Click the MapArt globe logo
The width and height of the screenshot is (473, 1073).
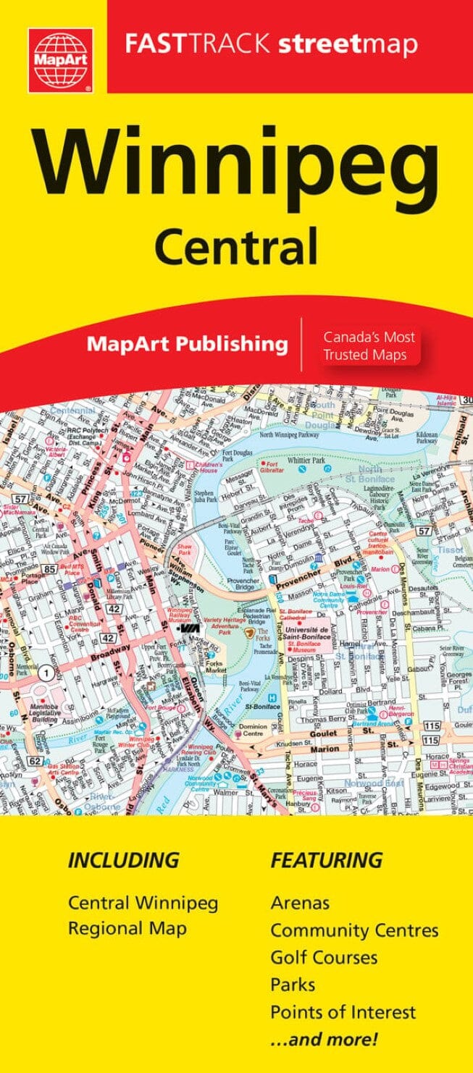click(61, 60)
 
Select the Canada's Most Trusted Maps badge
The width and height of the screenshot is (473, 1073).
click(369, 346)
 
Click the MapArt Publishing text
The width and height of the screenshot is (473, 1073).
click(187, 344)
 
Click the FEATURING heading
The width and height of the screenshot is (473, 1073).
click(326, 860)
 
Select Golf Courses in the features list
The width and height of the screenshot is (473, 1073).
click(324, 957)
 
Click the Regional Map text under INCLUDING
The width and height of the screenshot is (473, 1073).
click(127, 928)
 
